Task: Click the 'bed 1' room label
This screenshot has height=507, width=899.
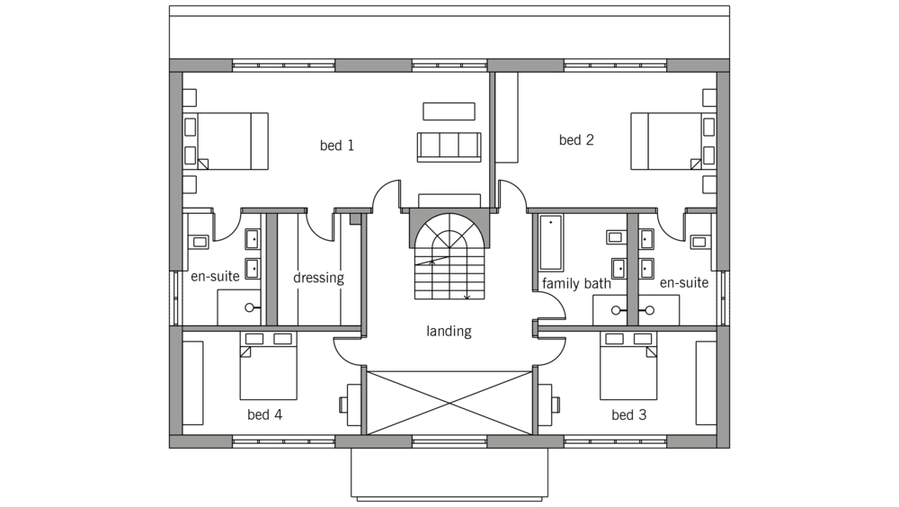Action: (x=336, y=146)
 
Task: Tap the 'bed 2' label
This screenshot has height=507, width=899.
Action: (x=576, y=140)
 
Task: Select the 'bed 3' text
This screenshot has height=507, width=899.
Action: (x=629, y=414)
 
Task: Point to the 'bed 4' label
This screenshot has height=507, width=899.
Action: (x=265, y=414)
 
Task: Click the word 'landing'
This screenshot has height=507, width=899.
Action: (x=449, y=331)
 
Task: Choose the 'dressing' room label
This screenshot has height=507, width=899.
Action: (x=319, y=278)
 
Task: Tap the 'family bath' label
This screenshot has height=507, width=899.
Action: (x=576, y=283)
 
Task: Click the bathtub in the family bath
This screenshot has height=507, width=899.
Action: (x=551, y=243)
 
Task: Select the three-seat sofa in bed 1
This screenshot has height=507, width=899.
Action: (x=449, y=147)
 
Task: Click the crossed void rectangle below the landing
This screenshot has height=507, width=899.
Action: (x=449, y=403)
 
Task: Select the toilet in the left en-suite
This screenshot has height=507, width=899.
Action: (x=198, y=242)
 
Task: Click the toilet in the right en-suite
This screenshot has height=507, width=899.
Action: (x=700, y=242)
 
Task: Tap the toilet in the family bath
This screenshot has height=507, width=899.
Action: (x=616, y=236)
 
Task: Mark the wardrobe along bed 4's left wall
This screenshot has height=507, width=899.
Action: (x=193, y=383)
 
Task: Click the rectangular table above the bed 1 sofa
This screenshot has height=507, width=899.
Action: (x=449, y=111)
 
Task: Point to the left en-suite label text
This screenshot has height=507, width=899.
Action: (x=215, y=277)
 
